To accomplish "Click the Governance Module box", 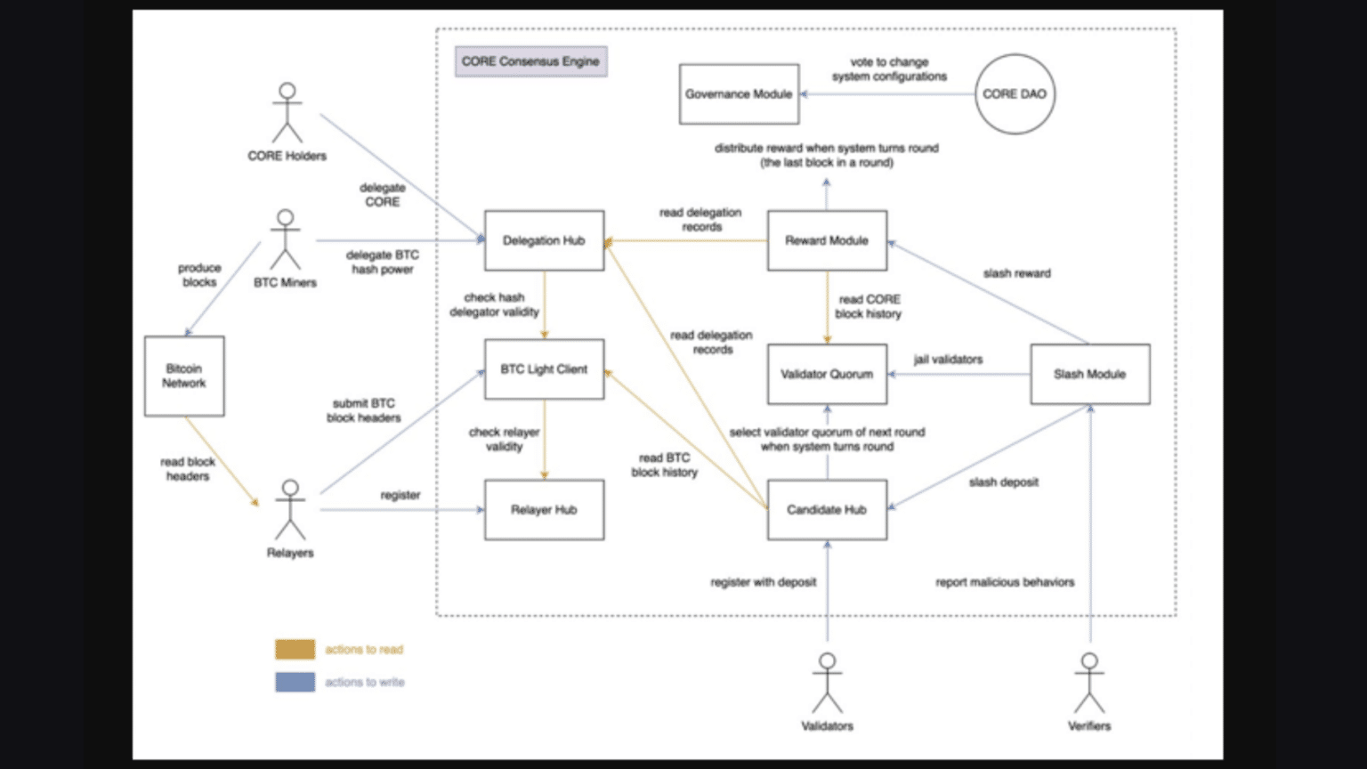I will click(x=739, y=93).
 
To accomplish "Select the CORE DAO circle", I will click(x=1014, y=93).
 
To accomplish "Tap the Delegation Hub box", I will click(x=544, y=240).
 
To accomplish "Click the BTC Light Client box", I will click(x=544, y=369).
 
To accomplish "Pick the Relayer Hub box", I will click(x=544, y=510).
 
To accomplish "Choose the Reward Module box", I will click(x=827, y=240).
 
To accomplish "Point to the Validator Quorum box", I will click(x=827, y=375).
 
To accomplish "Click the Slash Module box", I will click(x=1089, y=375).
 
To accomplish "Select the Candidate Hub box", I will click(x=827, y=510).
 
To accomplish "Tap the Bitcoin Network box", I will click(x=184, y=376).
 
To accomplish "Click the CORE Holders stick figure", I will click(x=287, y=113).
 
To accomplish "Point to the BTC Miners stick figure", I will click(x=285, y=239).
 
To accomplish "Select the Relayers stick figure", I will click(x=290, y=510).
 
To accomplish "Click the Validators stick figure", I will click(x=827, y=684).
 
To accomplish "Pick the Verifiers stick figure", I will click(x=1089, y=684).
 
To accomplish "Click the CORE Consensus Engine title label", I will click(x=530, y=61).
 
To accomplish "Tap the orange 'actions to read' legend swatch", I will click(x=295, y=650).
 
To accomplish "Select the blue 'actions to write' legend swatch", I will click(x=295, y=683).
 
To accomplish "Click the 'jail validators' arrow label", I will click(x=948, y=360).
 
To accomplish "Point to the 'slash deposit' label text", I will click(x=1003, y=482).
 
